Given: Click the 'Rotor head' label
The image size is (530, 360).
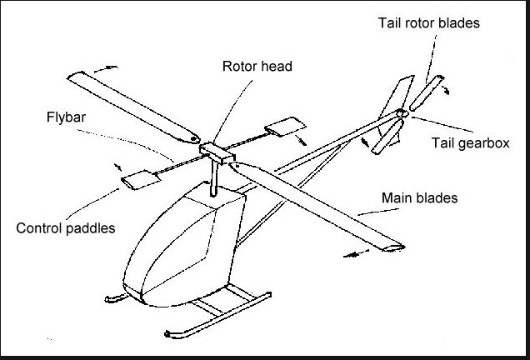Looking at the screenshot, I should tap(257, 66).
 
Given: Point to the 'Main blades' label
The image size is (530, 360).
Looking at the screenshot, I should tap(419, 198).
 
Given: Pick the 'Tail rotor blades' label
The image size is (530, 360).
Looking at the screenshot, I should tap(427, 22).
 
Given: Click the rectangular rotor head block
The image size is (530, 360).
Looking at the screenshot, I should tap(216, 152).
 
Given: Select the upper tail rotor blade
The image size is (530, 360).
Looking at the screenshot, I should tap(433, 92).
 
